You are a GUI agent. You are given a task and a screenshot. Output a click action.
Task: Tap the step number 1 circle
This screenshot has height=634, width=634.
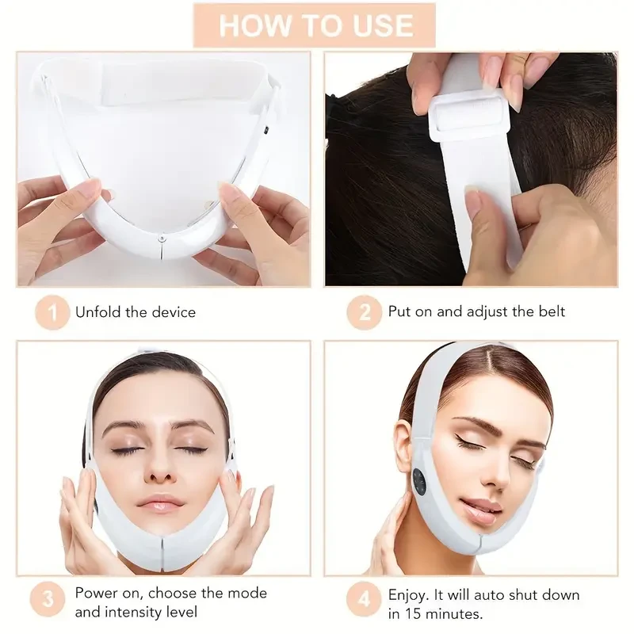[x=53, y=312]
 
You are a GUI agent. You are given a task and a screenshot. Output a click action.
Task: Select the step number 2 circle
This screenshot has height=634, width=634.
[x=365, y=312]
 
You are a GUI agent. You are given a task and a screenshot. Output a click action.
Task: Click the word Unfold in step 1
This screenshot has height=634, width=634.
[x=97, y=312]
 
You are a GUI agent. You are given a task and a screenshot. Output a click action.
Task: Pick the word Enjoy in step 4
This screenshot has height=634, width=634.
[x=408, y=594]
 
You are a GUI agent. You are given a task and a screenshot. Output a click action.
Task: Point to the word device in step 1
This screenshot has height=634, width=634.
[x=171, y=312]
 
